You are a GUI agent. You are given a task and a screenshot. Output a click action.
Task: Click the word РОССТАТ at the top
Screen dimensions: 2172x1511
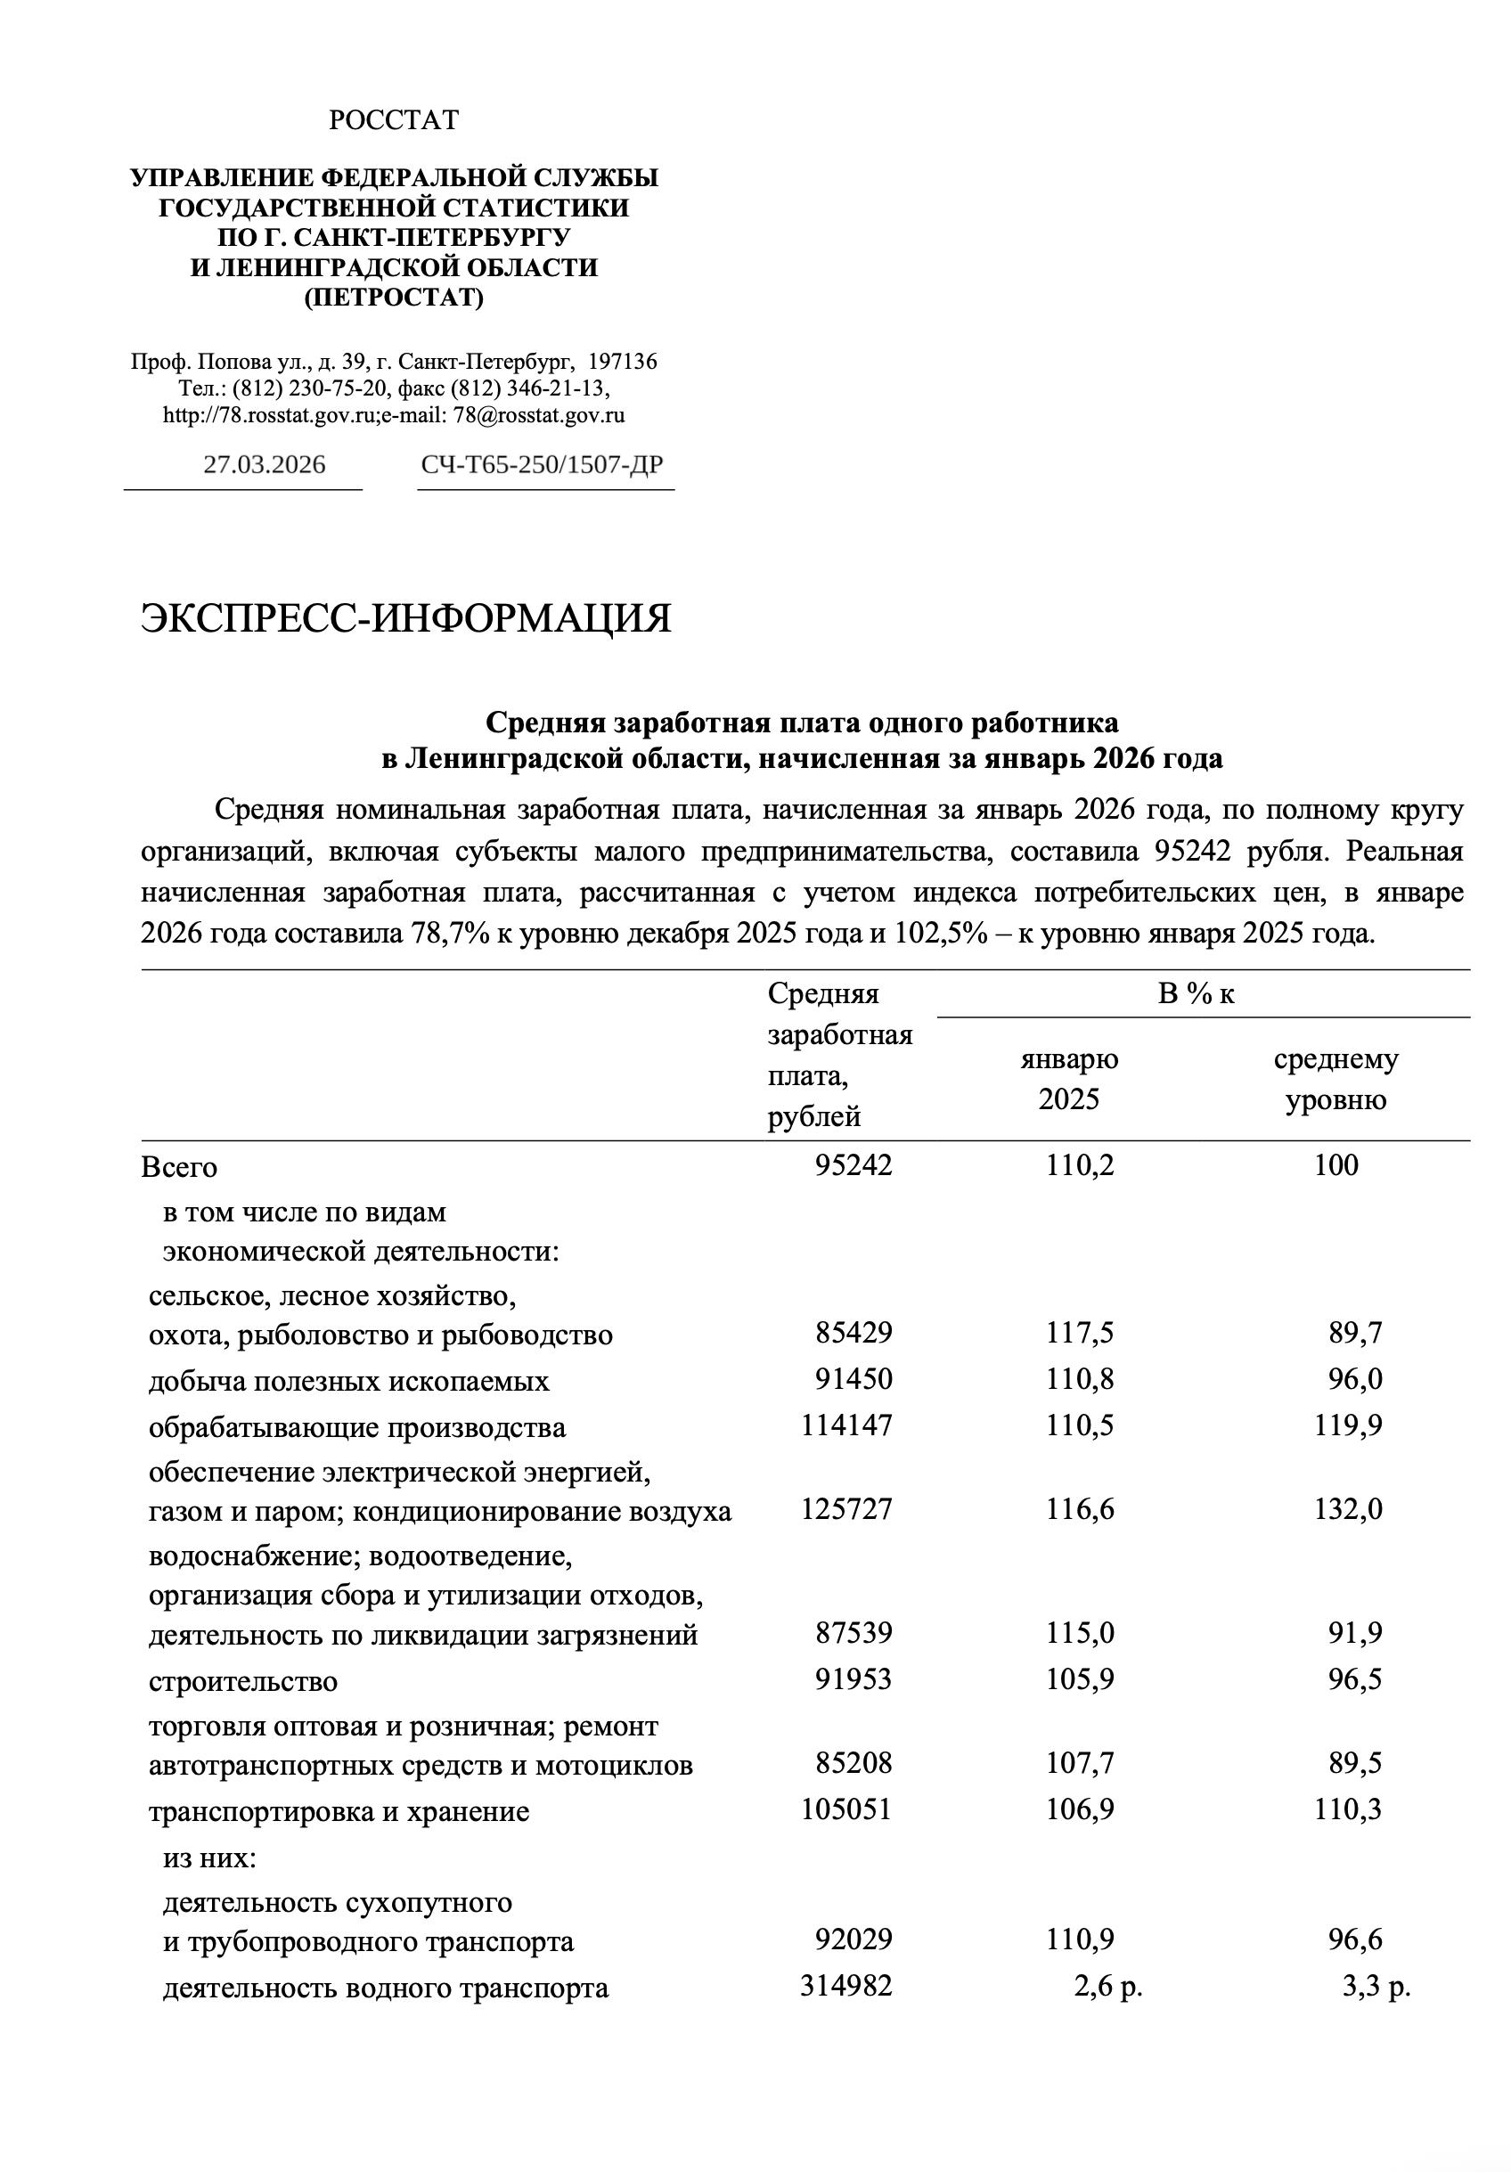click(x=394, y=120)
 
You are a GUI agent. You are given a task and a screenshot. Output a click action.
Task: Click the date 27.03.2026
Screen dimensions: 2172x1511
click(x=264, y=464)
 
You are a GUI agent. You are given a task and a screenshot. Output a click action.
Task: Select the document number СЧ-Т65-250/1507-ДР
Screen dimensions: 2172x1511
click(x=543, y=464)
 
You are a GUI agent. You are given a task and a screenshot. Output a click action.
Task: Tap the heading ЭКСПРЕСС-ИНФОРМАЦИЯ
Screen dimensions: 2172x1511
click(x=406, y=617)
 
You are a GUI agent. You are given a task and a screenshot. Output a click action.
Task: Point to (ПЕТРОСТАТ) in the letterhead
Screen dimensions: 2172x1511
click(x=394, y=298)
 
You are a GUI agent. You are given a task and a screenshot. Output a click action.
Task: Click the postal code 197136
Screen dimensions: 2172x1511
click(x=623, y=362)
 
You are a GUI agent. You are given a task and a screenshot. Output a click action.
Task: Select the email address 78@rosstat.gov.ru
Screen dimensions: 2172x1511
click(x=538, y=414)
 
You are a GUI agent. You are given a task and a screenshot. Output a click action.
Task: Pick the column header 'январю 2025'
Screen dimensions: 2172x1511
click(x=1069, y=1079)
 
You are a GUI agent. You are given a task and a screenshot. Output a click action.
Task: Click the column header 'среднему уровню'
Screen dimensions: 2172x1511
click(x=1335, y=1079)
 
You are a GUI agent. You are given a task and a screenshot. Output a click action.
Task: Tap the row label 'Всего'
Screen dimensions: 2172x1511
click(x=179, y=1167)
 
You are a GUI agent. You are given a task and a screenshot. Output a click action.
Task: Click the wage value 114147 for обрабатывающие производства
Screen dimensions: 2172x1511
click(x=845, y=1425)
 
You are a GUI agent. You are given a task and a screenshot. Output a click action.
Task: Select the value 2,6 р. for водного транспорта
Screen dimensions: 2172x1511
click(x=1107, y=1987)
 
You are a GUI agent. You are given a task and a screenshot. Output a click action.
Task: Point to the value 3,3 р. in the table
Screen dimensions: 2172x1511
click(x=1376, y=1987)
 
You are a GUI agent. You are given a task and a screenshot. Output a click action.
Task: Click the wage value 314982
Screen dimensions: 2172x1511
click(x=845, y=1986)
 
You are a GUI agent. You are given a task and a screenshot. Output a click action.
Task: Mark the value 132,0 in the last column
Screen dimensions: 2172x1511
click(x=1347, y=1509)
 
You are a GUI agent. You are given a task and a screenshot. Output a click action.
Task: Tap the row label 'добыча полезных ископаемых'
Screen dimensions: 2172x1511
click(x=349, y=1381)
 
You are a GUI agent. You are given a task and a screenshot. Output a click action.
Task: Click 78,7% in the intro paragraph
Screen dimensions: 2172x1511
click(x=448, y=934)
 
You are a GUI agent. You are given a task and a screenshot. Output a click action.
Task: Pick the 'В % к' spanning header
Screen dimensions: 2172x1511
click(x=1196, y=994)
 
